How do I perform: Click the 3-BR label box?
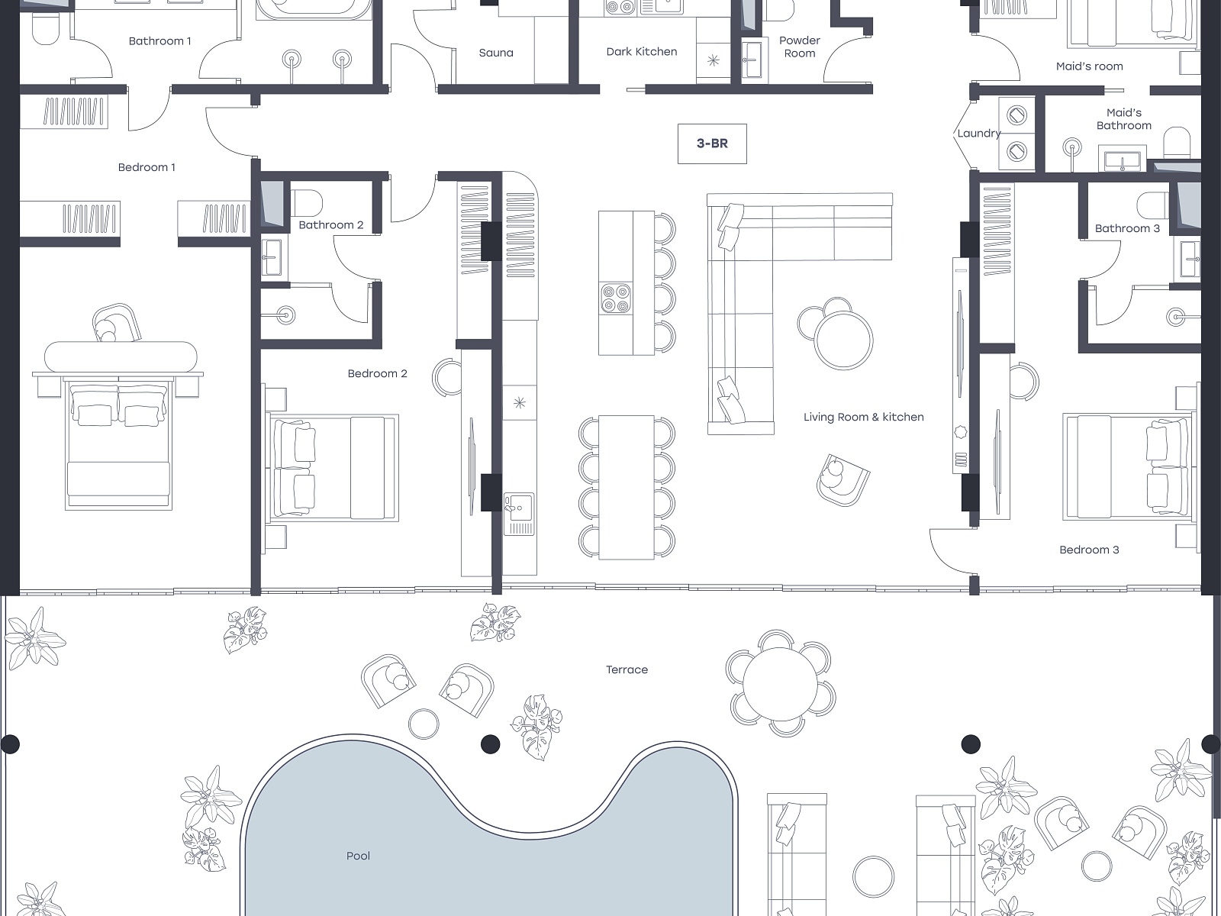point(712,144)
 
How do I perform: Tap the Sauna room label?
point(496,53)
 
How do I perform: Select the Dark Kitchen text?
point(641,52)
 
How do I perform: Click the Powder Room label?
point(799,47)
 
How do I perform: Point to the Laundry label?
point(979,134)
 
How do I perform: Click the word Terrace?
point(627,669)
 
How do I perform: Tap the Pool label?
point(358,856)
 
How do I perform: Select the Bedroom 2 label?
point(377,374)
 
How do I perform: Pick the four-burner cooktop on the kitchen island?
point(616,298)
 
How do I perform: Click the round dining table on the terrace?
point(780,683)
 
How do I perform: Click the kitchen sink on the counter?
point(518,513)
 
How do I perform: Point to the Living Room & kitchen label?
point(863,417)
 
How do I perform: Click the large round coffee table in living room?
point(843,340)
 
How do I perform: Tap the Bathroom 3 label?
point(1127,228)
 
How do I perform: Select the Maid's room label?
point(1089,66)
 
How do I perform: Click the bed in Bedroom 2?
point(333,468)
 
